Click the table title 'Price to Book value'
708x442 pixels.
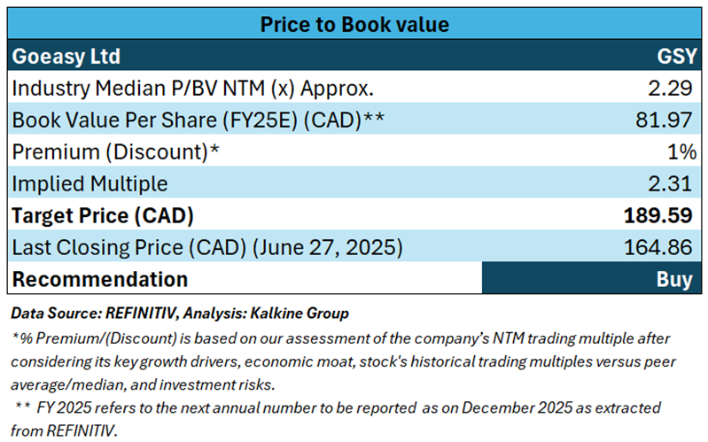click(354, 24)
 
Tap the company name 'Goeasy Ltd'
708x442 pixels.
click(66, 57)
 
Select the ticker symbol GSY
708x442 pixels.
click(673, 57)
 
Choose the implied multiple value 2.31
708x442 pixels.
click(671, 183)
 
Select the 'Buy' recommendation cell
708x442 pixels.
click(674, 279)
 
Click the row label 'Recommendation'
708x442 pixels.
click(99, 279)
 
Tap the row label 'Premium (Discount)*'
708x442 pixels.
click(114, 151)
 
